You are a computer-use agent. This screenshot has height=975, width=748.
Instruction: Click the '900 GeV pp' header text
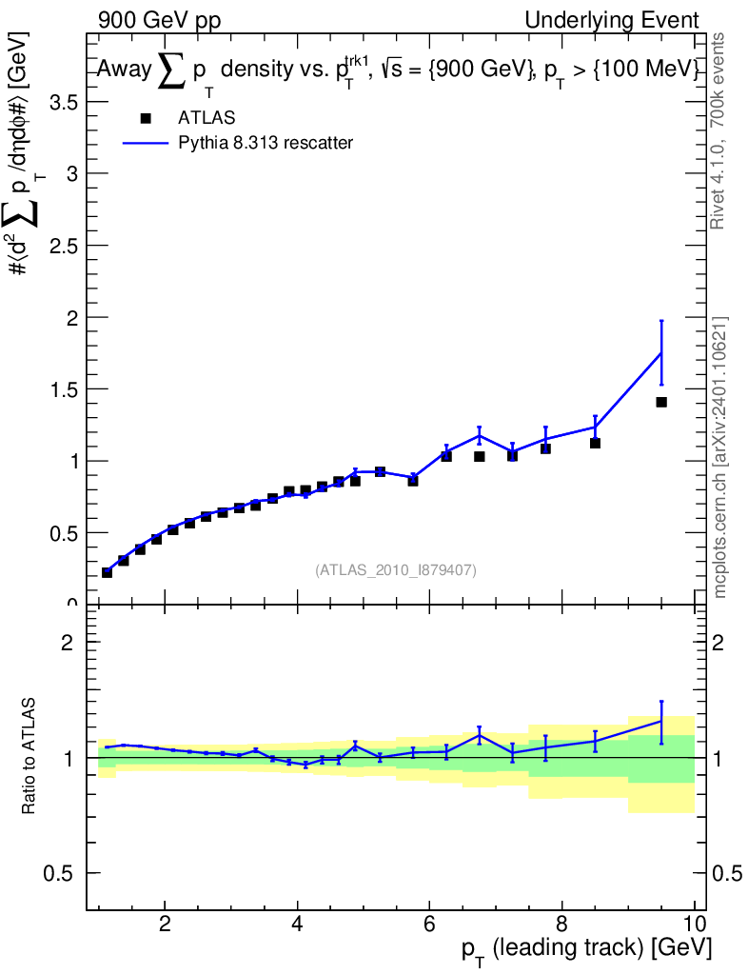coord(159,21)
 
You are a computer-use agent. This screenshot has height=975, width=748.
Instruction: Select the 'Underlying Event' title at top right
coord(612,20)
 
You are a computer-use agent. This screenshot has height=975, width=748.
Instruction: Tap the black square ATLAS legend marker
coord(146,118)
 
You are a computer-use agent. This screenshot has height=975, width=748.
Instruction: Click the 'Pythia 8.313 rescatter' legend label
coord(266,143)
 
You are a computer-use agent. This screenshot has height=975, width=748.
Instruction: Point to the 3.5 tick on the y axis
coord(64,102)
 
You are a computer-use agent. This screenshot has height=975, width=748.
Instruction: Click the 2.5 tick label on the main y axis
coord(64,246)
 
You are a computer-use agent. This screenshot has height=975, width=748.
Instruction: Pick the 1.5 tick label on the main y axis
coord(64,389)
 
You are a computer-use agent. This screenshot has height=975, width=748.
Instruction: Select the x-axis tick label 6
coord(429,924)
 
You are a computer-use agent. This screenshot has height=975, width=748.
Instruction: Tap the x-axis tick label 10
coord(694,924)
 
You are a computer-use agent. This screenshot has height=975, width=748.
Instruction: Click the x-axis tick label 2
coord(165,924)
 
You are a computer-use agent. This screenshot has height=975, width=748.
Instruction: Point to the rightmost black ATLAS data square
coord(661,403)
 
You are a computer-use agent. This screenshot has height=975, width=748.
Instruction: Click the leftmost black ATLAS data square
coord(107,572)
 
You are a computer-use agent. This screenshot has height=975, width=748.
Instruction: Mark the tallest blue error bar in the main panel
coord(661,352)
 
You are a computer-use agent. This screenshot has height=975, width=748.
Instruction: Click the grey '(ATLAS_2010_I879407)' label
coord(396,570)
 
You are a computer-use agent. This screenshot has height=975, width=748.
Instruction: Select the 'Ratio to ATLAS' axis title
coord(29,756)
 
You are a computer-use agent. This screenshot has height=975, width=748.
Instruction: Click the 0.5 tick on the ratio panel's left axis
coord(57,873)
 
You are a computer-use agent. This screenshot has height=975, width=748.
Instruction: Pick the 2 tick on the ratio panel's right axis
coord(718,643)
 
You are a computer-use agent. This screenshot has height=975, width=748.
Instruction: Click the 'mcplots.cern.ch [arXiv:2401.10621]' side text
coord(719,458)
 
